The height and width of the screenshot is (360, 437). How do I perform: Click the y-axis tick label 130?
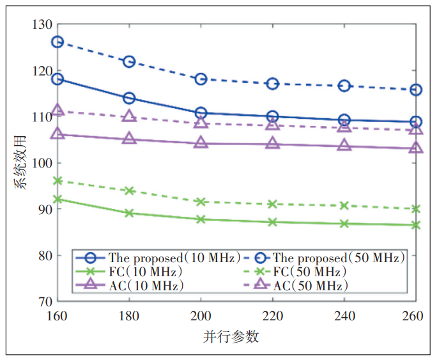coord(43,24)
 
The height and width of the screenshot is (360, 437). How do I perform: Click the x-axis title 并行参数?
coord(237,337)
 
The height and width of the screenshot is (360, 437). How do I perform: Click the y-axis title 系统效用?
coord(21,163)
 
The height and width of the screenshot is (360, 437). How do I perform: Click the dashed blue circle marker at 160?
coord(57,42)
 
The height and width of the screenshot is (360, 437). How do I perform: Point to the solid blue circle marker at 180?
coord(129,98)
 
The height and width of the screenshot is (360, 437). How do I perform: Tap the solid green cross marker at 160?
coord(57,199)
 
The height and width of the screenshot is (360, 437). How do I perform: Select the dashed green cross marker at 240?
coord(344,205)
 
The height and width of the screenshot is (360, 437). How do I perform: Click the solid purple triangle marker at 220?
coord(273,143)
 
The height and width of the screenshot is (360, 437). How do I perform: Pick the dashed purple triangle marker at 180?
coord(129,116)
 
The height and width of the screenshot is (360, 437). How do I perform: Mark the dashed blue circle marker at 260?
coord(416,90)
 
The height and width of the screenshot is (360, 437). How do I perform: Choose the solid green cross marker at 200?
coord(201,219)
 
